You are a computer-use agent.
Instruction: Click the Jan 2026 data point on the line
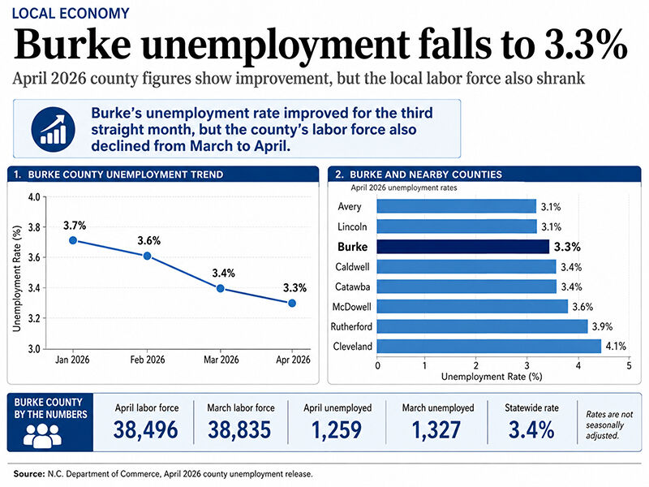coord(73,240)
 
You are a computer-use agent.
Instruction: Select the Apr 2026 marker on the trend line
coord(292,303)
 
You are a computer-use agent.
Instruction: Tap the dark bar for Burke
coord(462,247)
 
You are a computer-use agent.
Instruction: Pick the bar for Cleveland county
coord(489,347)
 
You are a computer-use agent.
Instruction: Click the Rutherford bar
coord(482,326)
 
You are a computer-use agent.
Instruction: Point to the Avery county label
coord(350,207)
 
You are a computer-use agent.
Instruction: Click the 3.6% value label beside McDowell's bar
coord(582,307)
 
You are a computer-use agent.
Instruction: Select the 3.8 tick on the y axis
coord(34,227)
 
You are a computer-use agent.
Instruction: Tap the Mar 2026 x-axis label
coord(221,360)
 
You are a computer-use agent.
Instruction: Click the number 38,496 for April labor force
coord(146,429)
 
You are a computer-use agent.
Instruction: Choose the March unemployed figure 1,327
coord(436,429)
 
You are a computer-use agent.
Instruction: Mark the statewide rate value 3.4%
coord(531,429)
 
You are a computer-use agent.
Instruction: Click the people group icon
coord(42,435)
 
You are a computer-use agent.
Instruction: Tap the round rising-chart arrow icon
coord(53,129)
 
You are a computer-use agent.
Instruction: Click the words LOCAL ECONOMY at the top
coord(71,13)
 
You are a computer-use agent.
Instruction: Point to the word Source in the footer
coord(28,474)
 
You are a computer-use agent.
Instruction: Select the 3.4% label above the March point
coord(224,274)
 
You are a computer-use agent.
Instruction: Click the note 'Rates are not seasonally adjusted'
coord(609,425)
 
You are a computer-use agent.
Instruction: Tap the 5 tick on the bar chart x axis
coord(629,366)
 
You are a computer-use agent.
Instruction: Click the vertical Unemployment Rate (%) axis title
coord(17,278)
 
